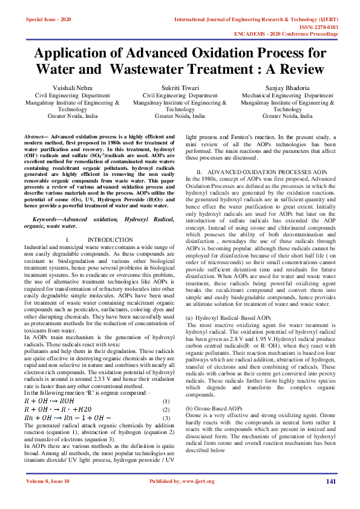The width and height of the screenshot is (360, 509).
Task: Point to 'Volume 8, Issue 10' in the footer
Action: tap(48, 498)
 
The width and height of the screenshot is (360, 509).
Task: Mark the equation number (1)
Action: tap(166, 401)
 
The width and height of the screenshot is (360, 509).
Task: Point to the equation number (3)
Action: tap(166, 417)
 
